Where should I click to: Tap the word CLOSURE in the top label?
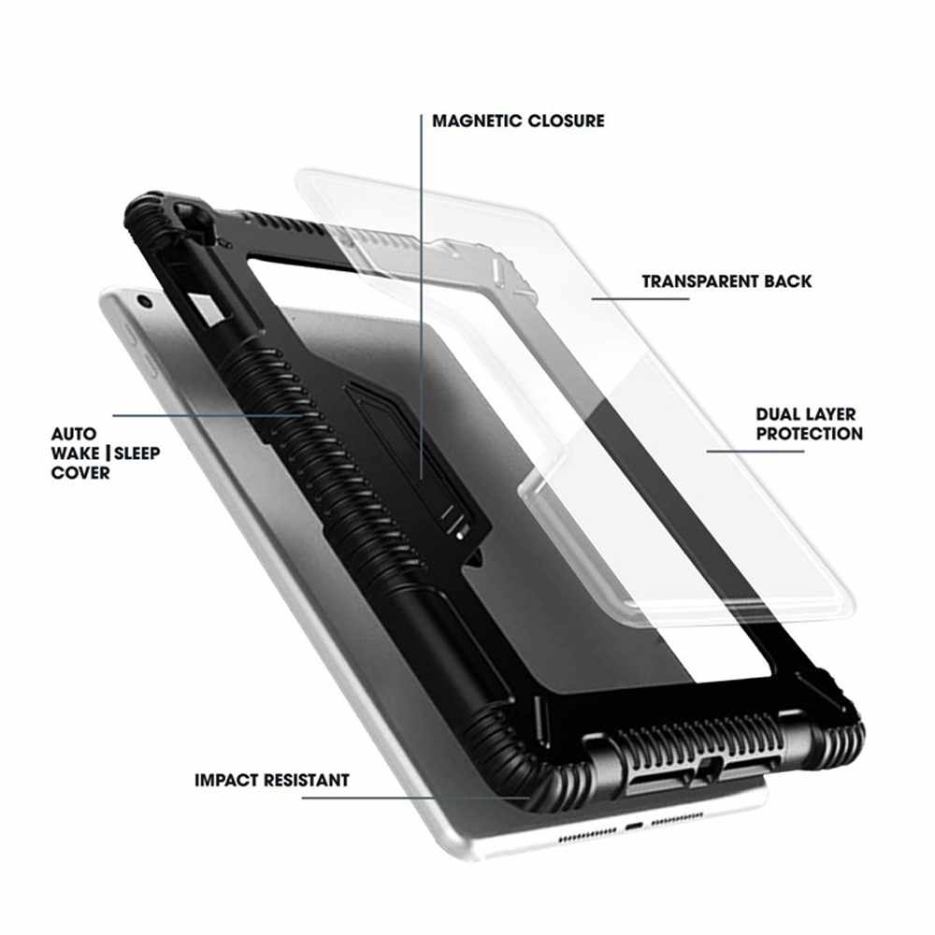(566, 121)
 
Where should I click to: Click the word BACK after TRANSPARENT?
(791, 281)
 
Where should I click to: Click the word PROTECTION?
(810, 434)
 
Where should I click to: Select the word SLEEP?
(137, 453)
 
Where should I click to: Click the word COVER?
(80, 473)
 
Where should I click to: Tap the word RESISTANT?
(308, 780)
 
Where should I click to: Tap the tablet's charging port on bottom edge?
(635, 828)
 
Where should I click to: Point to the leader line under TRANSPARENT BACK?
(640, 299)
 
